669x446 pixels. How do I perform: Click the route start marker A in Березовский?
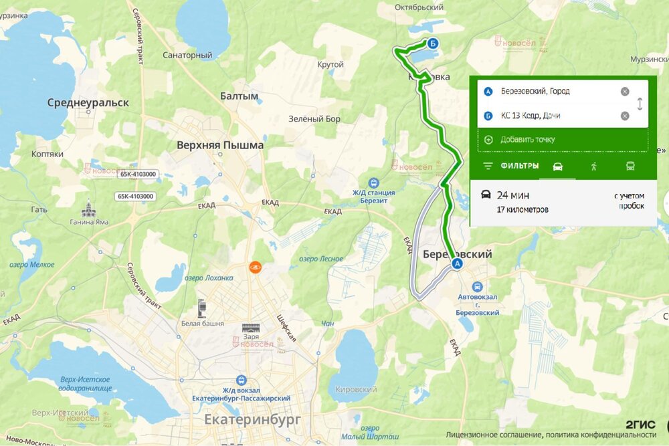pyautogui.click(x=458, y=264)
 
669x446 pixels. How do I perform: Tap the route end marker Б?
pyautogui.click(x=433, y=43)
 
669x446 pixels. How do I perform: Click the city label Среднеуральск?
pyautogui.click(x=88, y=103)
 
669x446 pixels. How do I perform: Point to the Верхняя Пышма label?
pyautogui.click(x=220, y=145)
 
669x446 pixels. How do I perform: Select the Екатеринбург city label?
pyautogui.click(x=252, y=419)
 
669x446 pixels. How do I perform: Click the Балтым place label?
pyautogui.click(x=239, y=96)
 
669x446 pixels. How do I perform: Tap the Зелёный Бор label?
pyautogui.click(x=314, y=119)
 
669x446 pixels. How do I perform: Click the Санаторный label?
pyautogui.click(x=187, y=55)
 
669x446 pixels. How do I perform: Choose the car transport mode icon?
pyautogui.click(x=557, y=166)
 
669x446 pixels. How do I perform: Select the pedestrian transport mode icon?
pyautogui.click(x=593, y=166)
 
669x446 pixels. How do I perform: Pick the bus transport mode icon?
pyautogui.click(x=630, y=166)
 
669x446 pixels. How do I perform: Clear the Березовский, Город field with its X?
pyautogui.click(x=624, y=92)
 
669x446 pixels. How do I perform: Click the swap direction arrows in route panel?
pyautogui.click(x=640, y=104)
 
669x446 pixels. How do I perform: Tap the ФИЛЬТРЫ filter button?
pyautogui.click(x=511, y=166)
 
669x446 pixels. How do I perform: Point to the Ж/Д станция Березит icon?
pyautogui.click(x=373, y=182)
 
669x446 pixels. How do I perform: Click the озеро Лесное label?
pyautogui.click(x=321, y=259)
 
